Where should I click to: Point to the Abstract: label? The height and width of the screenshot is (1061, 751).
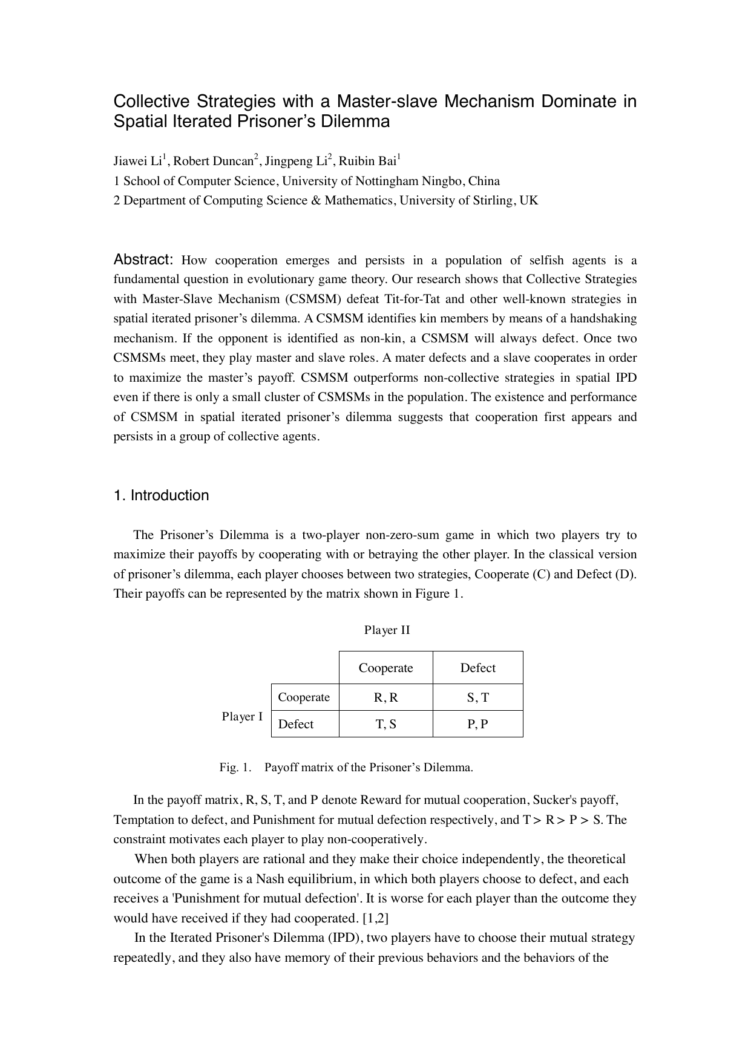coord(144,260)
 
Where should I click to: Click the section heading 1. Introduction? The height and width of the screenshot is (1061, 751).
coord(161,495)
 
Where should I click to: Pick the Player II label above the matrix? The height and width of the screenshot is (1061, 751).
coord(387,630)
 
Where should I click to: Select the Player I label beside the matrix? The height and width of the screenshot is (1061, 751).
coord(242,717)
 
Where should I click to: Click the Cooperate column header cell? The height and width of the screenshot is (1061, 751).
coord(385,668)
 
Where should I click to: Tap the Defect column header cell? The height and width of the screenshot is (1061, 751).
coord(477,668)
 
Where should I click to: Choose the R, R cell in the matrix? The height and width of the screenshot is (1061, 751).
coord(385,697)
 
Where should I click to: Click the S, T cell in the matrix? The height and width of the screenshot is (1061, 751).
coord(477,697)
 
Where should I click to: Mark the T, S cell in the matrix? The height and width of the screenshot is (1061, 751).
coord(385,724)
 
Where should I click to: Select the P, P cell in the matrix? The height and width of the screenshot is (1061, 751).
coord(477,724)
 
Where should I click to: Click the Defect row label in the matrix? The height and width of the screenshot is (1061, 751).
coord(296,724)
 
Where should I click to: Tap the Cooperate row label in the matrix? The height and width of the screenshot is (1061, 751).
coord(304,697)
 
